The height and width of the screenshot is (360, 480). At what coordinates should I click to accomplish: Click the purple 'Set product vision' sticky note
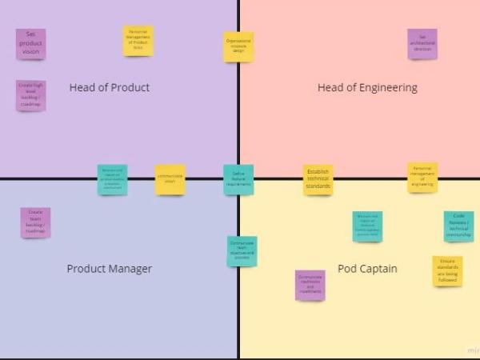(x=31, y=44)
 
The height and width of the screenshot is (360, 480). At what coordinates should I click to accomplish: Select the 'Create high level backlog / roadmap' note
(x=31, y=95)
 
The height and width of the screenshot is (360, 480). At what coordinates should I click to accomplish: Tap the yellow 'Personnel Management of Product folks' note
(x=138, y=41)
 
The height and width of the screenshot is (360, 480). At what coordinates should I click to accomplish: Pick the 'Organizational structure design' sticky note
(x=238, y=46)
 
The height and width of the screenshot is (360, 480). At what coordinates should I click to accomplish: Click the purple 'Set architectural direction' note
(x=422, y=44)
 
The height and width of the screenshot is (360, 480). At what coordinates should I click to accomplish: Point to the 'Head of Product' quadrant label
(x=110, y=87)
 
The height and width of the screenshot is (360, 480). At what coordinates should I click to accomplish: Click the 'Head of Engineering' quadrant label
(x=367, y=87)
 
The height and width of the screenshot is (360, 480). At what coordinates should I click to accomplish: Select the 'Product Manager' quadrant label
(x=109, y=269)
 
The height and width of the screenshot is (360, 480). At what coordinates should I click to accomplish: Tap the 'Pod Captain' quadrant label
(x=367, y=269)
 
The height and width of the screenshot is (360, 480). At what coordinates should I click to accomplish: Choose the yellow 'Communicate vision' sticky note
(x=170, y=179)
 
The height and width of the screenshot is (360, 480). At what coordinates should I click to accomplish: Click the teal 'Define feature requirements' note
(x=238, y=179)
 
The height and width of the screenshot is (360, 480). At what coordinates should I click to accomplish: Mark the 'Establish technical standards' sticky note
(x=318, y=179)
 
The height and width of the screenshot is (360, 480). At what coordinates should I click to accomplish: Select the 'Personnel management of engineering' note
(x=422, y=178)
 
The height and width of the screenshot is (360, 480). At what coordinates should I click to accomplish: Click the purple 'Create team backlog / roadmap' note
(x=35, y=222)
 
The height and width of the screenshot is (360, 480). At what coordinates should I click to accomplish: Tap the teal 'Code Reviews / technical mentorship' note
(x=458, y=226)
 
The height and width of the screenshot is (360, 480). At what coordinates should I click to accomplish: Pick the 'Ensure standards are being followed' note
(x=447, y=271)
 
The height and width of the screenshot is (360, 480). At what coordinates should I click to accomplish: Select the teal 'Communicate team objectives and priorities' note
(x=242, y=251)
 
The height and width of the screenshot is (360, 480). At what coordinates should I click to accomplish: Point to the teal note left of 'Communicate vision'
(x=112, y=179)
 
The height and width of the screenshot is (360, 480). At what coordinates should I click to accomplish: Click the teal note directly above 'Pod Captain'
(x=367, y=226)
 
